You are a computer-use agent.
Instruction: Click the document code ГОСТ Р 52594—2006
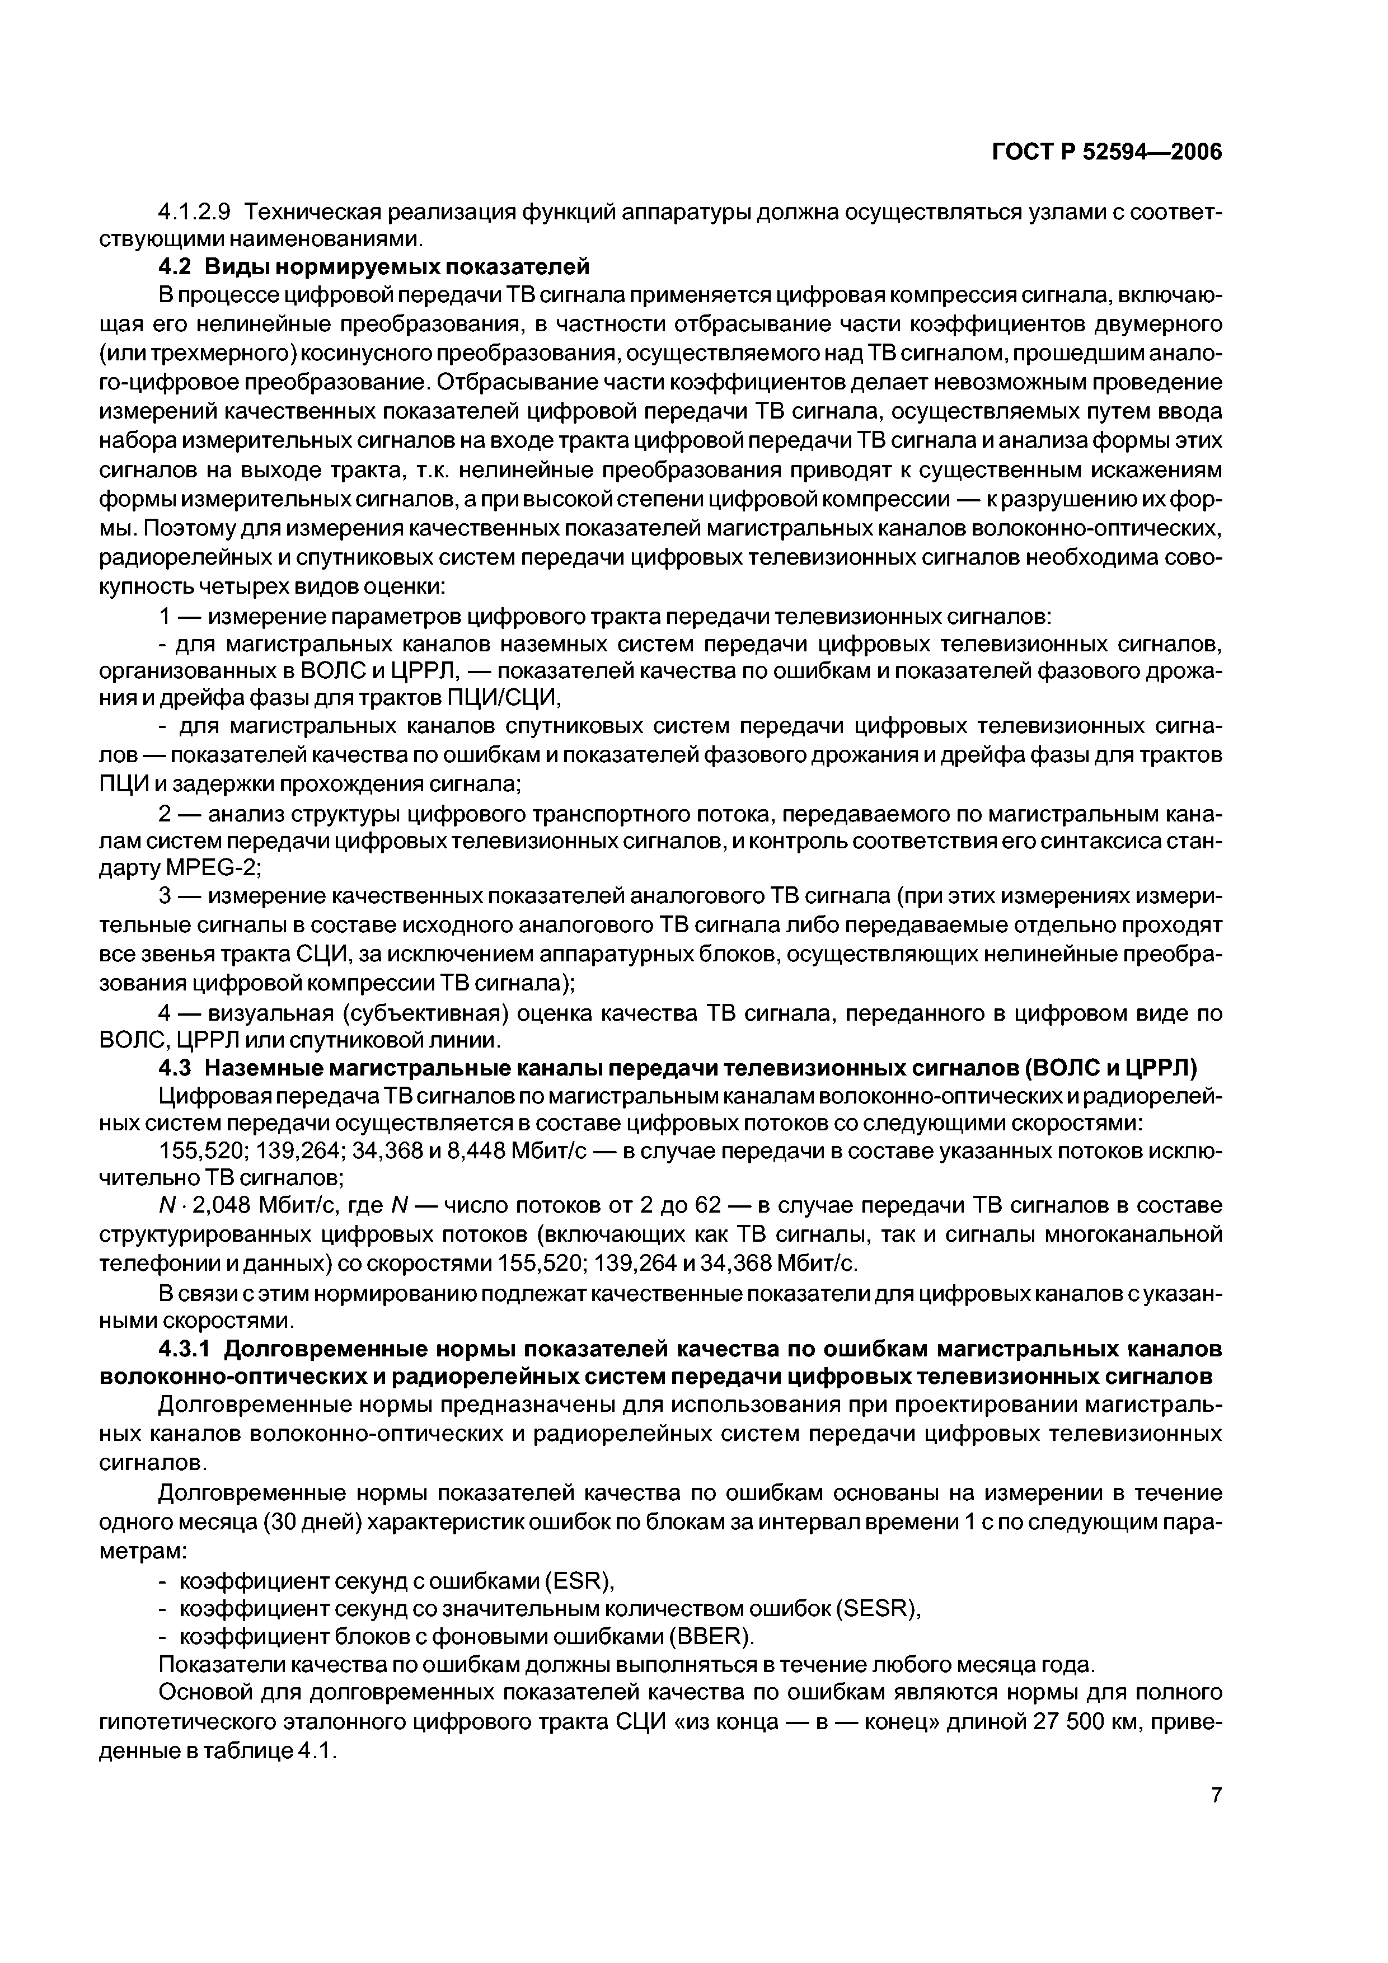coord(1106,152)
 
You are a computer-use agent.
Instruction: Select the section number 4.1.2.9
coord(195,210)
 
